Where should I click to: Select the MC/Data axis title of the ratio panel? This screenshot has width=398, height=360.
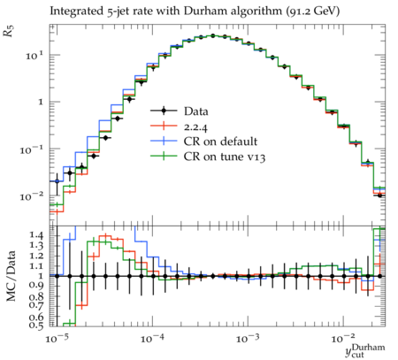pyautogui.click(x=11, y=276)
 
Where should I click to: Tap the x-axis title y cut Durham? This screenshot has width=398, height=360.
pyautogui.click(x=365, y=350)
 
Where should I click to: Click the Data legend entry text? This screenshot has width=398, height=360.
pyautogui.click(x=196, y=111)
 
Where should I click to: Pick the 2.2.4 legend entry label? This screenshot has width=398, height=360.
pyautogui.click(x=195, y=127)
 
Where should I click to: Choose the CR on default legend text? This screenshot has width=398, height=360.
pyautogui.click(x=220, y=142)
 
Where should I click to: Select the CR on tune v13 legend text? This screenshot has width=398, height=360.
pyautogui.click(x=225, y=157)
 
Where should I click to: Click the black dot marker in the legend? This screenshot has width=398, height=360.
pyautogui.click(x=164, y=111)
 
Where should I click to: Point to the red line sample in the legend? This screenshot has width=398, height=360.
pyautogui.click(x=164, y=126)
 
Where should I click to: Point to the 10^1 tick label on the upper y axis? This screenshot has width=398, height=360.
pyautogui.click(x=34, y=56)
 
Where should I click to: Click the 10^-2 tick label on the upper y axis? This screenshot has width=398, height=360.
pyautogui.click(x=31, y=196)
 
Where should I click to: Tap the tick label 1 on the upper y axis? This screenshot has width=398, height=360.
pyautogui.click(x=41, y=102)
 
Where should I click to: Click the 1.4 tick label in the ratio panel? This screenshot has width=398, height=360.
pyautogui.click(x=36, y=235)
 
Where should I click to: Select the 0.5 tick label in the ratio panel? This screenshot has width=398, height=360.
pyautogui.click(x=36, y=326)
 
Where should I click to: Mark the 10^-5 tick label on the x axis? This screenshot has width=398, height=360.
pyautogui.click(x=57, y=339)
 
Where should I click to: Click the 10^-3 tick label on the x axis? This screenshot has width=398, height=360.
pyautogui.click(x=248, y=339)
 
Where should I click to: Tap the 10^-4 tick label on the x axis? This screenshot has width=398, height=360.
pyautogui.click(x=152, y=339)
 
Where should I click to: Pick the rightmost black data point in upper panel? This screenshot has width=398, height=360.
pyautogui.click(x=379, y=195)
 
